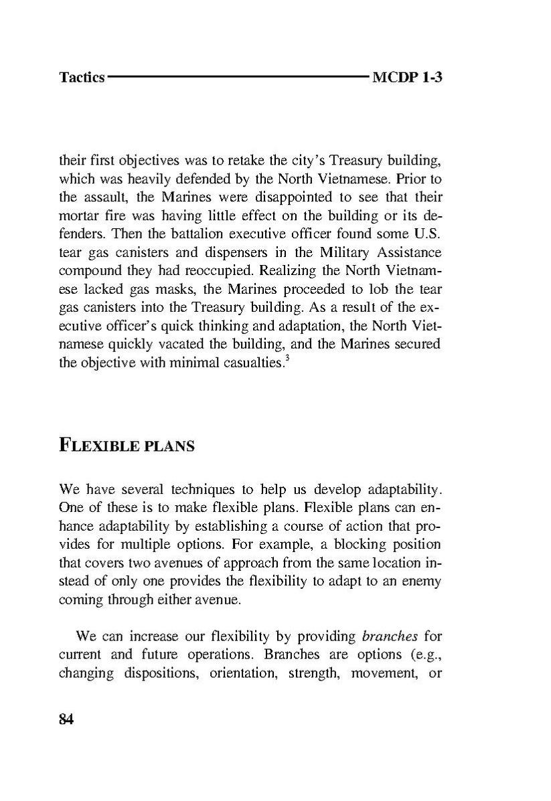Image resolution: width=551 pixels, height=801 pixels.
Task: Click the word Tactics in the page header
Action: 82,78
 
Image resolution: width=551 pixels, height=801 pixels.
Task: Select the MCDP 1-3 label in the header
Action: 407,78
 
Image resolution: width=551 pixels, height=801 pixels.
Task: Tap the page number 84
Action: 66,720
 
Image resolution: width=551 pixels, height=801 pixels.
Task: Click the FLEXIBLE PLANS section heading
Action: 127,445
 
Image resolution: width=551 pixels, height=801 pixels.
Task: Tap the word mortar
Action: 77,217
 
